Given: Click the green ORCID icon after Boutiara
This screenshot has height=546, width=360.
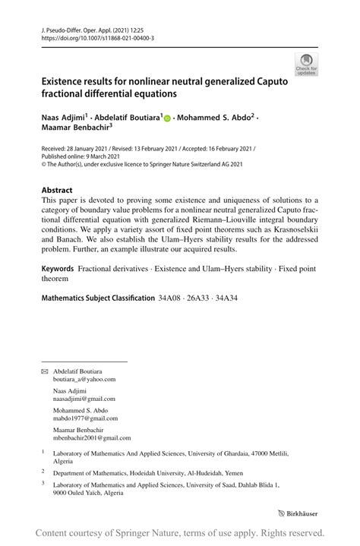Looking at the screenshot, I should pyautogui.click(x=168, y=118).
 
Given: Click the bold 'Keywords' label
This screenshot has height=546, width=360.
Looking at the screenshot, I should pyautogui.click(x=58, y=268).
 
